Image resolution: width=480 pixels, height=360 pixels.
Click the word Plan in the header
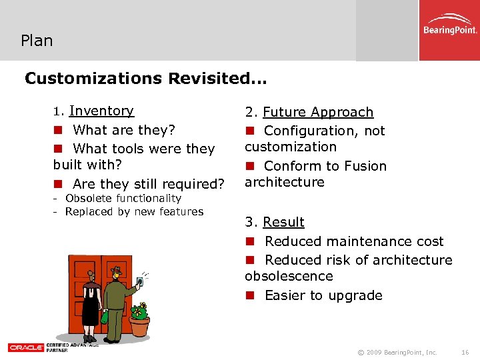point(37,41)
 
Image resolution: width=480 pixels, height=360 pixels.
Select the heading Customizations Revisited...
point(145,79)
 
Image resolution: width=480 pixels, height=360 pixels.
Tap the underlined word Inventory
point(101,111)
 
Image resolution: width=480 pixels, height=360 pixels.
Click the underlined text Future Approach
point(318,112)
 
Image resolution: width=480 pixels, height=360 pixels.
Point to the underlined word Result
point(283,222)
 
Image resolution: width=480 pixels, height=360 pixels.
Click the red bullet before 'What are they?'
point(58,130)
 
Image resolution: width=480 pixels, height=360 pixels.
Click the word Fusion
point(363,166)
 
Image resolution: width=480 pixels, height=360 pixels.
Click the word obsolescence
point(289,276)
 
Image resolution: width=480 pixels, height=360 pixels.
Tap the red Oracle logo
point(25,347)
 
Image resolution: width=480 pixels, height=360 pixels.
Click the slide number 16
point(465,352)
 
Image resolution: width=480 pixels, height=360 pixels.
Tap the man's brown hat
point(118,271)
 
